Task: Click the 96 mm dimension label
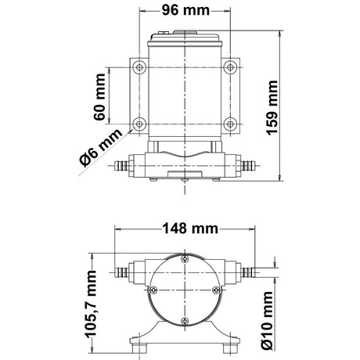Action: click(185, 10)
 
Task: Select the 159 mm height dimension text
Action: click(272, 108)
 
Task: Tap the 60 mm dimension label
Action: click(99, 97)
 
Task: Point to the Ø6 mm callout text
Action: click(101, 147)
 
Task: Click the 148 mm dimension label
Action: click(190, 229)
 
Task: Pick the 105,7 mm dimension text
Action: click(92, 304)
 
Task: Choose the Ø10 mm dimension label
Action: click(268, 320)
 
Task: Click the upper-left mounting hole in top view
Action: click(139, 67)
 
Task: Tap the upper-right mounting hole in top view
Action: click(230, 67)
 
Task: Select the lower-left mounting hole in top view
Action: click(139, 124)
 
